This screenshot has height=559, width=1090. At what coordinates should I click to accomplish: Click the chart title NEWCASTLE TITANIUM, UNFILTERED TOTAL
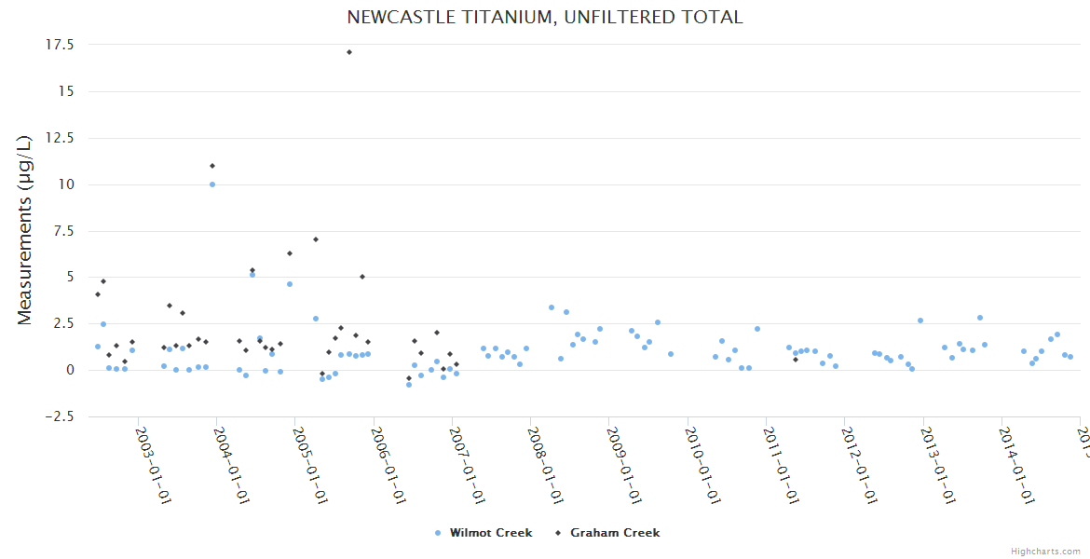click(544, 18)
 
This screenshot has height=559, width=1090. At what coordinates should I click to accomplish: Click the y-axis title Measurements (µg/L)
click(25, 229)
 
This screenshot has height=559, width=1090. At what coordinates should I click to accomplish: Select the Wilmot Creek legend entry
click(484, 533)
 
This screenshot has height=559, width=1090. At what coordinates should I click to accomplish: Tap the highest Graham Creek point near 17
click(349, 52)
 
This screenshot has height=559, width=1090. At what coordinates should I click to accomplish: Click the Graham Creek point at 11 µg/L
click(212, 166)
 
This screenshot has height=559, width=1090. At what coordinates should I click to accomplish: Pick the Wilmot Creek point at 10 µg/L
click(212, 184)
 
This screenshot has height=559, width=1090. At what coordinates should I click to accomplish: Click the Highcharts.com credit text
click(1045, 551)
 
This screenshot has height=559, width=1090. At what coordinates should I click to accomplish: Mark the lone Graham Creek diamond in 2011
click(795, 360)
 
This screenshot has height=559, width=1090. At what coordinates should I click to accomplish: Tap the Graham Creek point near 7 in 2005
click(316, 239)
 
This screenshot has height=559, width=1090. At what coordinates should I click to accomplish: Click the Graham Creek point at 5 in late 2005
click(362, 277)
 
